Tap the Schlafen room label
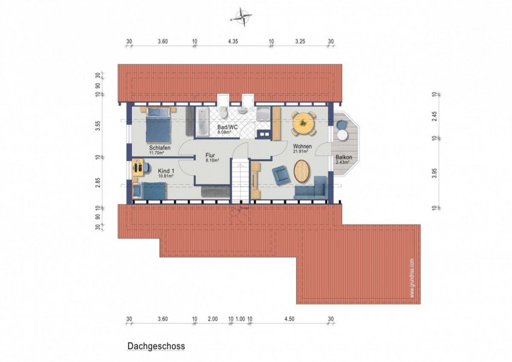159,148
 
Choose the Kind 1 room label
166,171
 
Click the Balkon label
343,158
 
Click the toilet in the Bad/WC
223,113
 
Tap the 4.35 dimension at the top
233,41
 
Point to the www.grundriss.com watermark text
412,278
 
